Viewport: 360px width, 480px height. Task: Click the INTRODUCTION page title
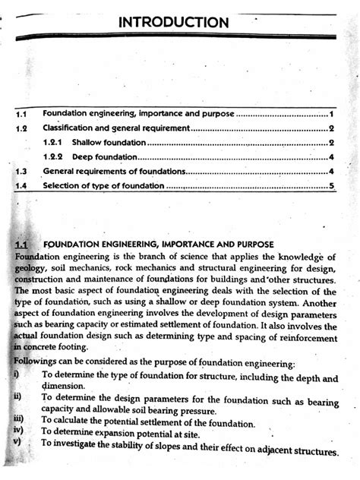[173, 22]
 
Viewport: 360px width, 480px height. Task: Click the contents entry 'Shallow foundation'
[109, 142]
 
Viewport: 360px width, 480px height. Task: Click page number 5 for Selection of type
[332, 185]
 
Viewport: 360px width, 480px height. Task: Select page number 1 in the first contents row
[332, 113]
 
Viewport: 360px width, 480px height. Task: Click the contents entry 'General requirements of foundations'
[114, 172]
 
